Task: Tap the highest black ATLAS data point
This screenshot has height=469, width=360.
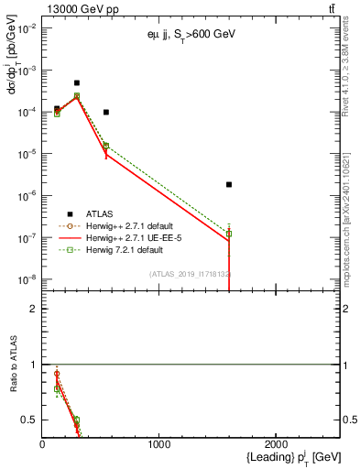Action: click(77, 82)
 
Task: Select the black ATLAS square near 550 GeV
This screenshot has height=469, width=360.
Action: click(106, 112)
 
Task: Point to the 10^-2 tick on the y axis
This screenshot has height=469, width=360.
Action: click(25, 28)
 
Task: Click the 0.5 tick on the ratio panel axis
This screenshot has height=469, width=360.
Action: click(32, 420)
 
